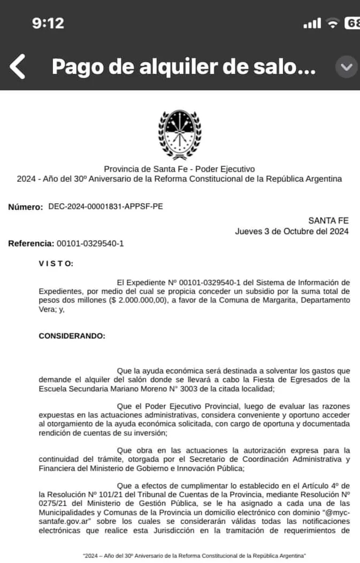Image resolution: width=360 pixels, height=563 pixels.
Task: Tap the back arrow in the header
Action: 17,67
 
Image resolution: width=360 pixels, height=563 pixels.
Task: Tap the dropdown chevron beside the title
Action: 346,67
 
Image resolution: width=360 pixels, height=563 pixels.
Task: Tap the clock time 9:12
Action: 48,23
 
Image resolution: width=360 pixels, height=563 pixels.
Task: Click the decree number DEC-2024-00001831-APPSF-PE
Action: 105,206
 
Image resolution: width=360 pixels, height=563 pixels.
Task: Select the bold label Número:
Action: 25,207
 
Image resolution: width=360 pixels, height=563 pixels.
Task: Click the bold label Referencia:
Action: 30,244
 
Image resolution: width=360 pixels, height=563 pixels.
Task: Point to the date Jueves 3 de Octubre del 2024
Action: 292,232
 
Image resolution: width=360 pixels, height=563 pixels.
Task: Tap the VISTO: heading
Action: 56,263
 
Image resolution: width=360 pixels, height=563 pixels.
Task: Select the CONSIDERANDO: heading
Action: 72,336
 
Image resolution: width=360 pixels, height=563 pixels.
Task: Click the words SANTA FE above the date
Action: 328,220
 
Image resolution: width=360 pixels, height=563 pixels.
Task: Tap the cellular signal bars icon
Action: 311,24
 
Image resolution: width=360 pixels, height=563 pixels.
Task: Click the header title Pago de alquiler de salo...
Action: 183,67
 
